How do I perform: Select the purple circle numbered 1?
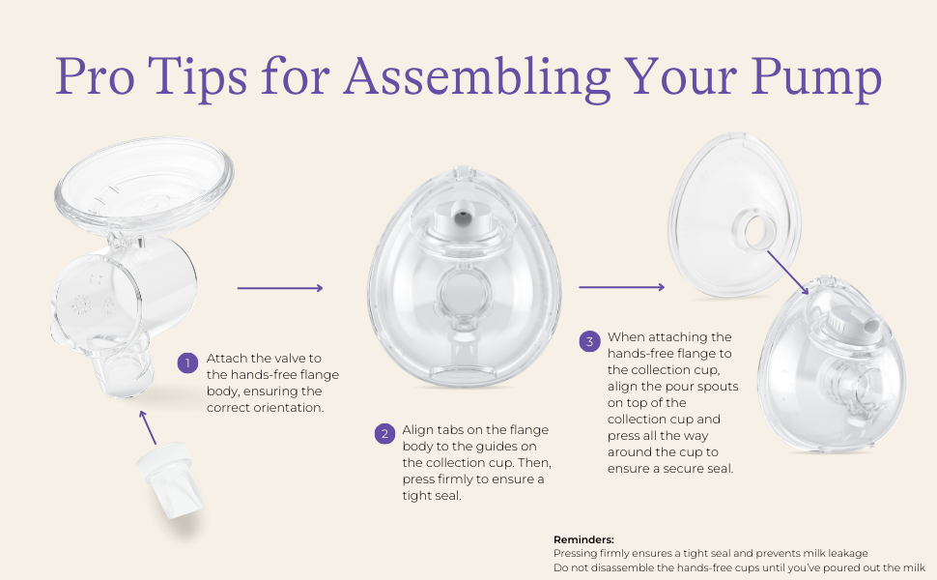[187, 363]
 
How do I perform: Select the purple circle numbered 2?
[383, 433]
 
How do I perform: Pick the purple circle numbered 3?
[589, 340]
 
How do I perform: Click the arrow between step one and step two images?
[279, 287]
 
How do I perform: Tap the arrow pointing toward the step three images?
[622, 286]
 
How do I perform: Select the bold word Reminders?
[583, 539]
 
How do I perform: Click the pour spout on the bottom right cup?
[861, 324]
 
